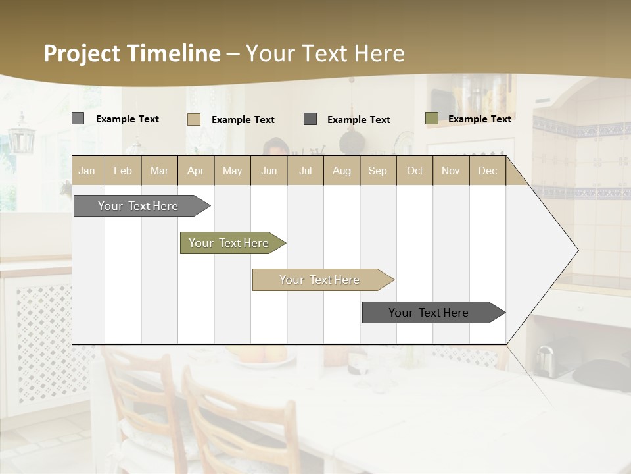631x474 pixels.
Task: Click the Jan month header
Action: pos(87,171)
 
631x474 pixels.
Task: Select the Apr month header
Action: pos(196,171)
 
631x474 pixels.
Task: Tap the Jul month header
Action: pos(305,171)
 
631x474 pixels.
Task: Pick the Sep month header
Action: pos(378,171)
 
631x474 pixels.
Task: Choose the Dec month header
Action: pos(487,171)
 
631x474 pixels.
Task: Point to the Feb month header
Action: pos(123,171)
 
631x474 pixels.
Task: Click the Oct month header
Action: pos(415,171)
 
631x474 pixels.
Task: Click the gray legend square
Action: pos(78,118)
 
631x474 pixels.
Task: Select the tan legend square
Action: pos(193,119)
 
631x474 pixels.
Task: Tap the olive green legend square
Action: pos(431,118)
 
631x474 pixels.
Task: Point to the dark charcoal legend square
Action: pos(310,119)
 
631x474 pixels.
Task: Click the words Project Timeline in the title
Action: pos(131,53)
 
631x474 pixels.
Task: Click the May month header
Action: pos(232,171)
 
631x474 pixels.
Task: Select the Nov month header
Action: pos(451,171)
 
